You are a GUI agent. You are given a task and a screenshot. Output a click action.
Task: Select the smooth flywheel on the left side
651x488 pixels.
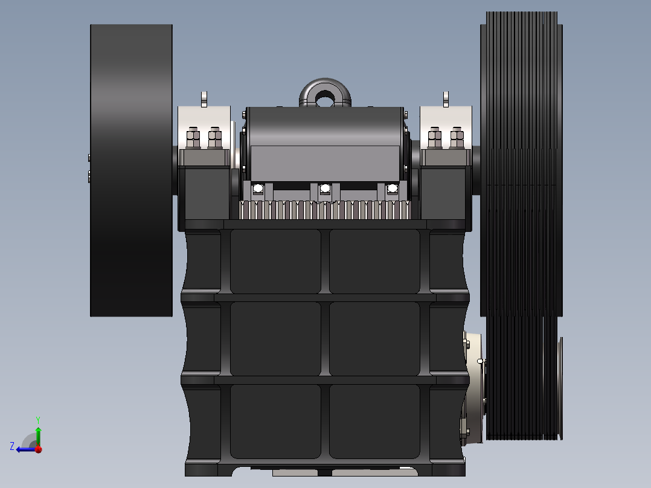point(131,170)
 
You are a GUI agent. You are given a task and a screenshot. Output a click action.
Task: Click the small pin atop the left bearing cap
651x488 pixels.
point(204,98)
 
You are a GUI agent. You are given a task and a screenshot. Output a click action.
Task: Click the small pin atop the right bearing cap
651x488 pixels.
point(446,98)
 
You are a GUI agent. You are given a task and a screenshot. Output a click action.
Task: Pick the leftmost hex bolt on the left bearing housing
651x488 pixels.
point(194,138)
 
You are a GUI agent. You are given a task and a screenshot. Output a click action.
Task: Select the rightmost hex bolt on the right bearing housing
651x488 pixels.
point(457,138)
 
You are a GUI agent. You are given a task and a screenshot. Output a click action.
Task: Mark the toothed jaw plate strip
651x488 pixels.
point(325,210)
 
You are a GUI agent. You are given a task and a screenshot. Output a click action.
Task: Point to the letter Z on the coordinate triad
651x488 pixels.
point(12,446)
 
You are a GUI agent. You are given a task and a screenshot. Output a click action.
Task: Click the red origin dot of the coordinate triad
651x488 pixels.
point(38,449)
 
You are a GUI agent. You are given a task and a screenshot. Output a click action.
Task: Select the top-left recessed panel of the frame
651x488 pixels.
point(275,261)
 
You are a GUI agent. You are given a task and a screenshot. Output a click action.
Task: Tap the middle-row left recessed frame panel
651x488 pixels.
point(275,338)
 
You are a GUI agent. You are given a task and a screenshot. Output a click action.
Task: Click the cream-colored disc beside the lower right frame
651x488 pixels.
point(476,387)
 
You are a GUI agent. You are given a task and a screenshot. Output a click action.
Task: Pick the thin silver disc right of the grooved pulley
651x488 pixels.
point(560,387)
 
